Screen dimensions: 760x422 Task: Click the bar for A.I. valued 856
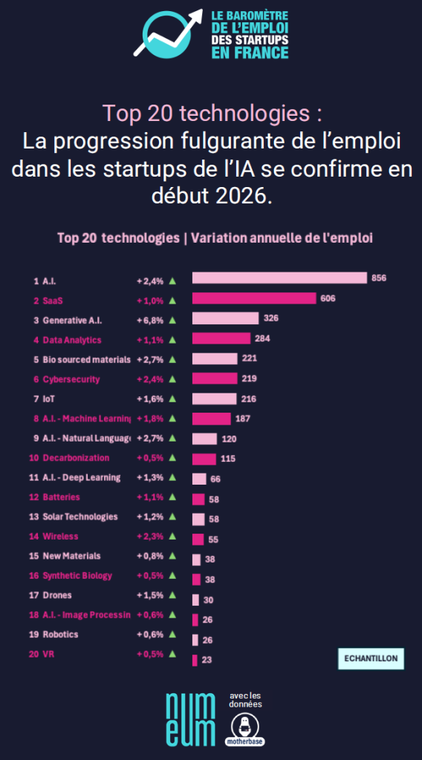279,278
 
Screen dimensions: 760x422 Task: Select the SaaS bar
254,298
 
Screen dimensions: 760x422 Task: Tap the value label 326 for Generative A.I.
271,318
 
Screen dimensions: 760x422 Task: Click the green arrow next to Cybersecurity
172,379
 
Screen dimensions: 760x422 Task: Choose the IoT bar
214,399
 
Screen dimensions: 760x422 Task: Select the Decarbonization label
76,458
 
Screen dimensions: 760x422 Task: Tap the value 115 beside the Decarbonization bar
228,459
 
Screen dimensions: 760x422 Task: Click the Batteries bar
198,499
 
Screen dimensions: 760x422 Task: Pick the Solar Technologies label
80,517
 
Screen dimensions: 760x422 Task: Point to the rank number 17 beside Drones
33,595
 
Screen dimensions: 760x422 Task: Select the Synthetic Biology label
77,575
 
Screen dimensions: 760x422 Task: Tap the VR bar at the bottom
195,660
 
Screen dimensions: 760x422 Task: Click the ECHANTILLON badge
370,658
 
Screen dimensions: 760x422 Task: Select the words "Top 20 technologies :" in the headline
212,114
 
